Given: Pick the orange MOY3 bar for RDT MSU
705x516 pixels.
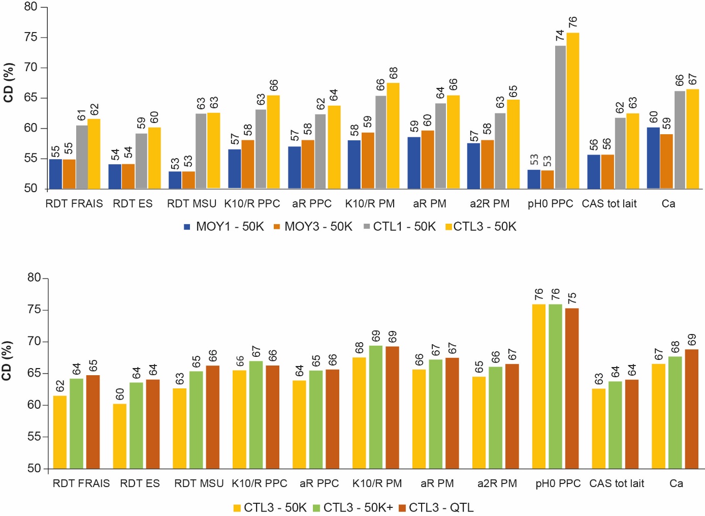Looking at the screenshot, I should [188, 180].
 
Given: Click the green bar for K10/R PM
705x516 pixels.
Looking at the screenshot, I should [376, 407].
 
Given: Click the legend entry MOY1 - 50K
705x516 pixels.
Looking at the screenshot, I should [223, 227].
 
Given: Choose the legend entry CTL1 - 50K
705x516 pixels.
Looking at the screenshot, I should [399, 227].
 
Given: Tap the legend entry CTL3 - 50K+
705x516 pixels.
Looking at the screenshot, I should [352, 507].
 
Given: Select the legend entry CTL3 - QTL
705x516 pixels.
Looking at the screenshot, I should [436, 507].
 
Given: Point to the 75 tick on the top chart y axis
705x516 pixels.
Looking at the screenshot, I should [30, 37].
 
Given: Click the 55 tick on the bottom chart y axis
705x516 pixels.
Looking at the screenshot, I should [34, 437].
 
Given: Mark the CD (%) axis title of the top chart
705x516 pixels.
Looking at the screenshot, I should [9, 82].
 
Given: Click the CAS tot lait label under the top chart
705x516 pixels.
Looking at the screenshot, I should [609, 204].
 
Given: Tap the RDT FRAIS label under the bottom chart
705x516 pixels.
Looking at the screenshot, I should [81, 483].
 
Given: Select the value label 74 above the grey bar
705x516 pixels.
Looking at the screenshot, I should [560, 35].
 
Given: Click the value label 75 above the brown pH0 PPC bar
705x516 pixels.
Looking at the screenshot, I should [572, 298].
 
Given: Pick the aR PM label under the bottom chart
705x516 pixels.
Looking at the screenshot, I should [437, 483].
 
